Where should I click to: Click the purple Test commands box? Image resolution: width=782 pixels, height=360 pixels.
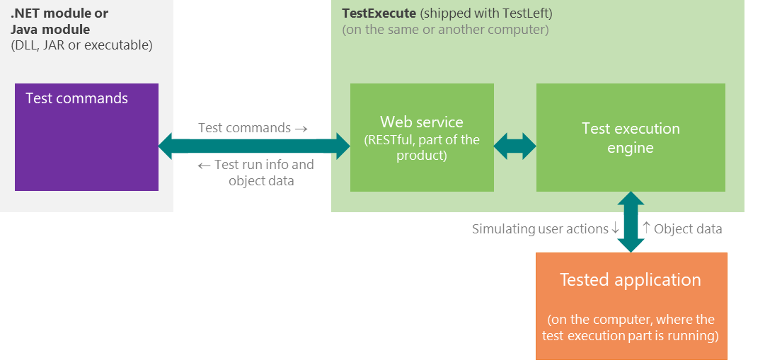point(86,137)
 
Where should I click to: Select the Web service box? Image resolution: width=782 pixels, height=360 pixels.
point(422,137)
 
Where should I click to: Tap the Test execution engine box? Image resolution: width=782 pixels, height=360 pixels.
point(631,137)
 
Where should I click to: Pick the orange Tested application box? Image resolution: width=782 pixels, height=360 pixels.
point(631,306)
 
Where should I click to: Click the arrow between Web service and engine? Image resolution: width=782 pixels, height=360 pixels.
point(515,146)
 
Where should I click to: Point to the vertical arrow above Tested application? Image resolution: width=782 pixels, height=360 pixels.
point(631,222)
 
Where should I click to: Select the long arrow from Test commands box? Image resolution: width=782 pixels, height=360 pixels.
point(254,146)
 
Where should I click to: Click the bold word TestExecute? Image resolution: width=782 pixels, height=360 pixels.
point(379,13)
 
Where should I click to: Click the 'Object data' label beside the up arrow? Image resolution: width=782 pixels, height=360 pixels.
point(688,229)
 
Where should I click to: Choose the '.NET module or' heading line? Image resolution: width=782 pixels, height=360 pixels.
point(59,13)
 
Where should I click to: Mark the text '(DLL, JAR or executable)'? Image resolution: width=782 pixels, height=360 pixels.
point(81,45)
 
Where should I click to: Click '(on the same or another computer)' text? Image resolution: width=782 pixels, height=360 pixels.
point(445,30)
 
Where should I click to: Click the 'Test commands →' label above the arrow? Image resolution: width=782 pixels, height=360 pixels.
point(253,127)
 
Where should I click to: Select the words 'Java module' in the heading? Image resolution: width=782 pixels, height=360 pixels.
point(50,29)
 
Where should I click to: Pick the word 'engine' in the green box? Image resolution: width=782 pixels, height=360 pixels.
point(631,148)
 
